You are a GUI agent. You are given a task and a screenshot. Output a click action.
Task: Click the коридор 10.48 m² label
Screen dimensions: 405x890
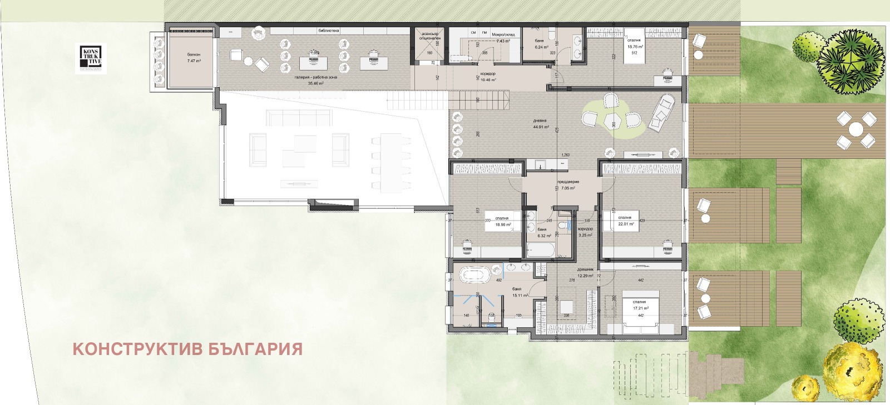click(x=488, y=77)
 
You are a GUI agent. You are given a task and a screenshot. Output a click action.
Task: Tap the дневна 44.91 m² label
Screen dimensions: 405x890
click(x=540, y=123)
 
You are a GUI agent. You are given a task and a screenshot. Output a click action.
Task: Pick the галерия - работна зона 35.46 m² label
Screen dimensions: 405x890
click(x=316, y=81)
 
